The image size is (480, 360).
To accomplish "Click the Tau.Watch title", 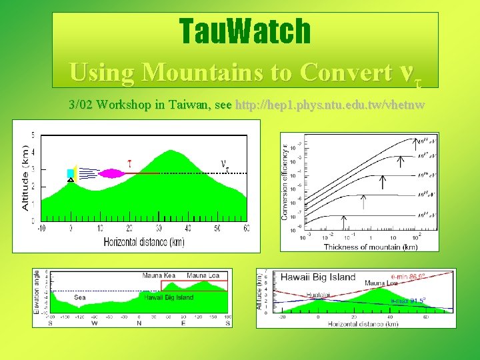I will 245,31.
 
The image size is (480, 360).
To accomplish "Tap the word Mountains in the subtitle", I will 219,72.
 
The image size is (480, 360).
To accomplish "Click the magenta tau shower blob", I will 111,173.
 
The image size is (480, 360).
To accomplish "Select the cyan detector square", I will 70,173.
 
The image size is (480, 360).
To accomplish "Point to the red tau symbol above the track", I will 130,162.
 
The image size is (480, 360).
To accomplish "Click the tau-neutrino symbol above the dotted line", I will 225,164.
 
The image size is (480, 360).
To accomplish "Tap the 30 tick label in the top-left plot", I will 158,228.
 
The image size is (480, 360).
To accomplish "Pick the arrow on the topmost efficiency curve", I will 419,142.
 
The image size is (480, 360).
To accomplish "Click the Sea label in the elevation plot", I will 79,297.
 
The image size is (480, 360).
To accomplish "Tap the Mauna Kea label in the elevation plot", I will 159,275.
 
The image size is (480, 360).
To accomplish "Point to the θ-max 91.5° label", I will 407,300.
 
